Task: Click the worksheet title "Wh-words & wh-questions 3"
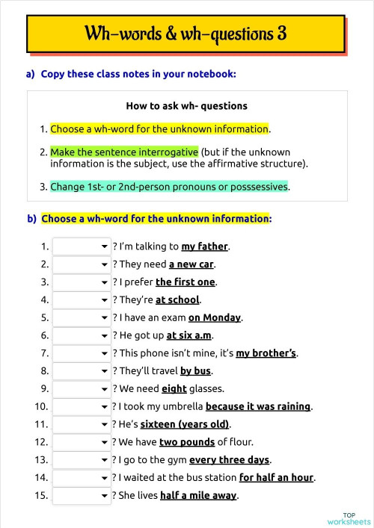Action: (186, 34)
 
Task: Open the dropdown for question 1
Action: (82, 246)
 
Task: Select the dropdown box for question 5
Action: (82, 317)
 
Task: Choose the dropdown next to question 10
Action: (82, 406)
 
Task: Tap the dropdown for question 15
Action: (82, 495)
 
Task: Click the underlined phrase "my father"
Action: (204, 246)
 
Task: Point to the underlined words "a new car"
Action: (191, 264)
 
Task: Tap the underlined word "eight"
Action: (174, 388)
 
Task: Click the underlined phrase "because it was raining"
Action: (258, 406)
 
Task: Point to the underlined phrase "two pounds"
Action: (186, 441)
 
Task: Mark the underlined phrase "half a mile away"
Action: (198, 495)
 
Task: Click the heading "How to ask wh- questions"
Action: (186, 106)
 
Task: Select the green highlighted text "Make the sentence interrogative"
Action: (124, 152)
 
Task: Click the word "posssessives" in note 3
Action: (259, 187)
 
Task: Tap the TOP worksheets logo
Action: (349, 518)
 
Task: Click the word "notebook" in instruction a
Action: (211, 74)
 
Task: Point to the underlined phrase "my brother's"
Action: (266, 353)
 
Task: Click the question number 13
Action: (42, 459)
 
